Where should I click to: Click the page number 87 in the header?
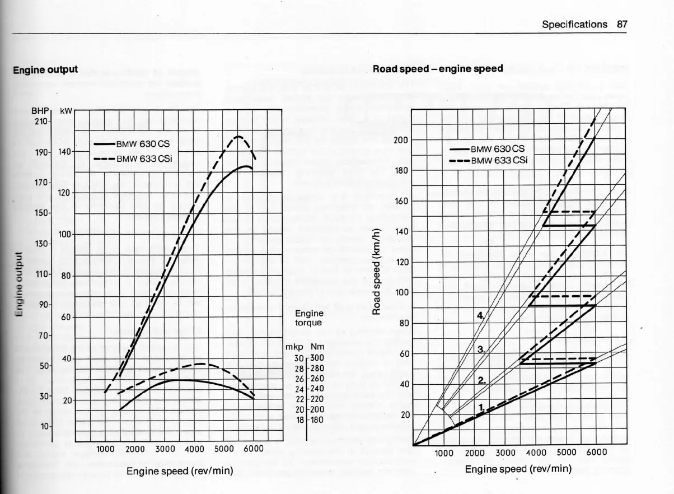pyautogui.click(x=621, y=24)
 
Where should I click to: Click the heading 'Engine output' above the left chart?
pyautogui.click(x=45, y=69)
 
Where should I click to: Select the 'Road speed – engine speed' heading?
pyautogui.click(x=438, y=69)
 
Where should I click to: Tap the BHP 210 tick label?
pyautogui.click(x=41, y=121)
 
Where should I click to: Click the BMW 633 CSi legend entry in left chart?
pyautogui.click(x=144, y=159)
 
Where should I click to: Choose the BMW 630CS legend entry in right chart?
pyautogui.click(x=498, y=149)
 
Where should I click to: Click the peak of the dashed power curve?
pyautogui.click(x=238, y=136)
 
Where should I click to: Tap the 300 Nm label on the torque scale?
pyautogui.click(x=317, y=358)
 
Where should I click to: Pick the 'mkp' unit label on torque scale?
pyautogui.click(x=293, y=347)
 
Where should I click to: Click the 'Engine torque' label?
pyautogui.click(x=308, y=318)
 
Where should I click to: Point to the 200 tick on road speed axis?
pyautogui.click(x=401, y=140)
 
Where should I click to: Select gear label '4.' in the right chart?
pyautogui.click(x=479, y=315)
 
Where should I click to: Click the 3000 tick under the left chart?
pyautogui.click(x=165, y=449)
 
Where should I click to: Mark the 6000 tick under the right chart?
pyautogui.click(x=596, y=453)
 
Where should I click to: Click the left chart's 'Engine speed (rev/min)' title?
pyautogui.click(x=179, y=470)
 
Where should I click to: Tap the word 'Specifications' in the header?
pyautogui.click(x=574, y=24)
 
